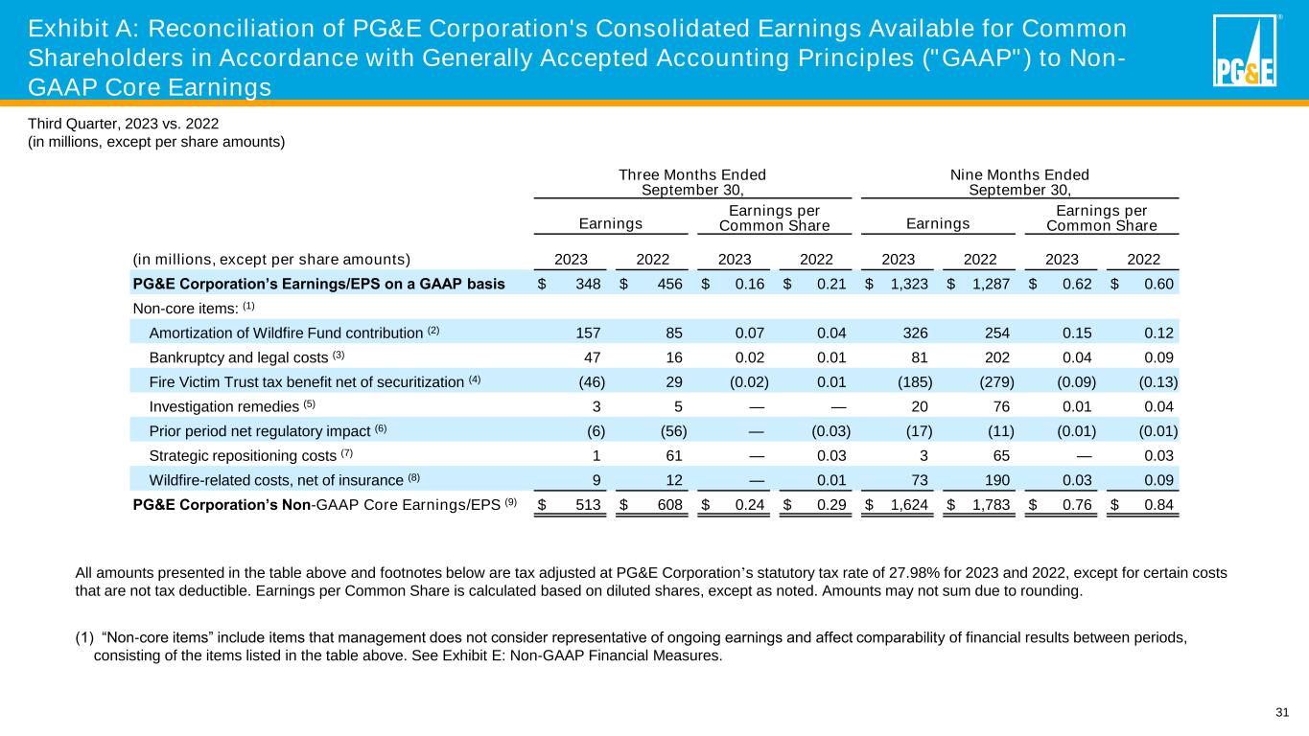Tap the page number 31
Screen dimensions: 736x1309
pos(1282,711)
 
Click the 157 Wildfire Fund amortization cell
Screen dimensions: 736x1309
pos(587,332)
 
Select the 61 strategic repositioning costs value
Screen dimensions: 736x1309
pos(673,453)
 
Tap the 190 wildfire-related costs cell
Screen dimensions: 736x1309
pos(988,478)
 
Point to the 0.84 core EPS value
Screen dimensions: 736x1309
pos(1158,504)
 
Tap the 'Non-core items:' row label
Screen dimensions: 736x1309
pos(179,308)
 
